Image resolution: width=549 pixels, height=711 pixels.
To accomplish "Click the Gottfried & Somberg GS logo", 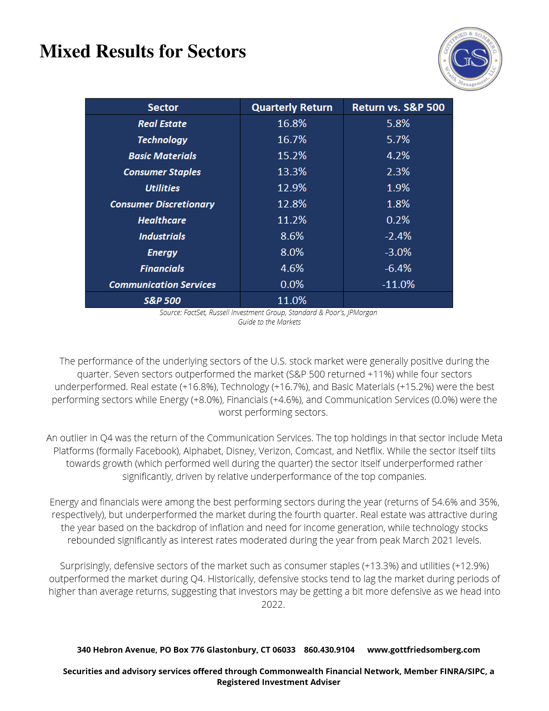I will (470, 58).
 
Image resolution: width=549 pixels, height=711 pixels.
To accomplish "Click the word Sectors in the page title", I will (217, 52).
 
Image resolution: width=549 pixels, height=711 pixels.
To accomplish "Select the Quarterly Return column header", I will (292, 107).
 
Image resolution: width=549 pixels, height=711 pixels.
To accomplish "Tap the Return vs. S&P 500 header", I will (398, 107).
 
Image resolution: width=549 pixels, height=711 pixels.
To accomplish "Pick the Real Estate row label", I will (162, 123).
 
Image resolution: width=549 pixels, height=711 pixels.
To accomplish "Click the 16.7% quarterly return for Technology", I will (292, 140).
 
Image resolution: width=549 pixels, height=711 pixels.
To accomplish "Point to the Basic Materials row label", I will (162, 156).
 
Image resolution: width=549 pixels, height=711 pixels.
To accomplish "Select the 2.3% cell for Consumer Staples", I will (398, 172).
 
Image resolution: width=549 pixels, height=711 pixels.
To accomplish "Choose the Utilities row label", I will (162, 188).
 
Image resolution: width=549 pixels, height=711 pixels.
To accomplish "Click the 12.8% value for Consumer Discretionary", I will (292, 204).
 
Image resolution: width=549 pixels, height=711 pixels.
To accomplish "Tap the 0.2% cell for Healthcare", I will (398, 220).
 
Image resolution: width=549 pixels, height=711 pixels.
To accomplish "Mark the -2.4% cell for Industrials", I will (398, 236).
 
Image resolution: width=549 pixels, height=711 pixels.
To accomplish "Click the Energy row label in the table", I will (162, 252).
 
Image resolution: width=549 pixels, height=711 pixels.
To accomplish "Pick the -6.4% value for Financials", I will (398, 268).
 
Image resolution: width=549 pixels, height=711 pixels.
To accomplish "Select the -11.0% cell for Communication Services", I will (398, 285).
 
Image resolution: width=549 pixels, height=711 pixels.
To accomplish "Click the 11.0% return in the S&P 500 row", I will (292, 300).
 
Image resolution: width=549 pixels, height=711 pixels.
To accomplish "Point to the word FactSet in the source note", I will (195, 312).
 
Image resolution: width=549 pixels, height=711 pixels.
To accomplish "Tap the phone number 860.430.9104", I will (329, 650).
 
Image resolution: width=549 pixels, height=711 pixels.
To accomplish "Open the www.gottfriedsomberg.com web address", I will (423, 650).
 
